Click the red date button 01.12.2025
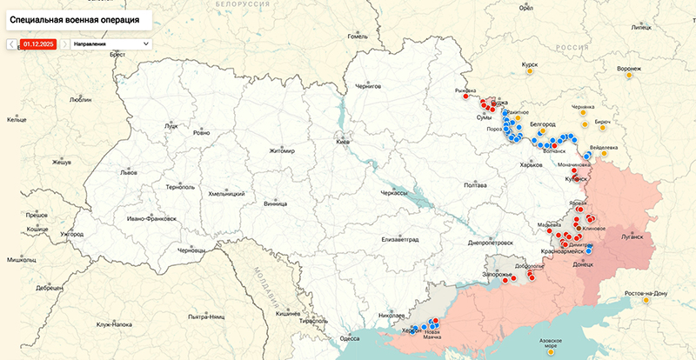tap(39, 43)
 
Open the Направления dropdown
tap(110, 43)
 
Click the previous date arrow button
tap(12, 43)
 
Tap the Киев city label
tap(344, 142)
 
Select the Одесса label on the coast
tap(349, 338)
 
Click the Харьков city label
tap(530, 164)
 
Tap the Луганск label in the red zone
tap(631, 236)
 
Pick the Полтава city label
tap(475, 185)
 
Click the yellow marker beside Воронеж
tap(628, 77)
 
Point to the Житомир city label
tap(282, 150)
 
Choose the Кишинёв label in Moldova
tap(288, 312)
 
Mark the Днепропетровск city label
tap(490, 243)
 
